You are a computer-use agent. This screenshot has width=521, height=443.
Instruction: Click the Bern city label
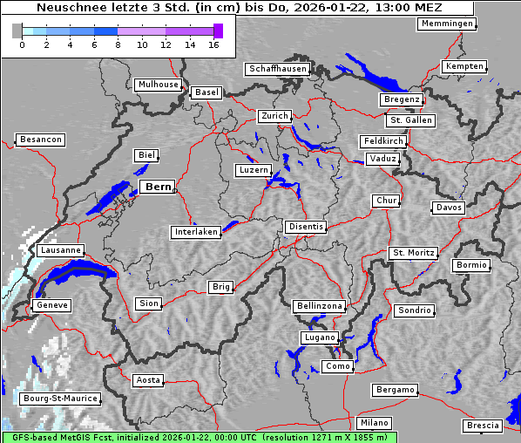(158, 187)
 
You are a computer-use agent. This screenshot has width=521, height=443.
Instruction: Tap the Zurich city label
(274, 116)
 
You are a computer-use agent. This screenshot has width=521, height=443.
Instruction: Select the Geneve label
(51, 305)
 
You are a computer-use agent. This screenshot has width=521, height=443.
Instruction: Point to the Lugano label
(320, 337)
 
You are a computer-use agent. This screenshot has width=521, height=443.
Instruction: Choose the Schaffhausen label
(276, 69)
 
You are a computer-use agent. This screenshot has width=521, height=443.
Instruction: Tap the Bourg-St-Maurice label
(60, 399)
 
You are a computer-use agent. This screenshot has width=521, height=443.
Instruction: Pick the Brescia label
(483, 426)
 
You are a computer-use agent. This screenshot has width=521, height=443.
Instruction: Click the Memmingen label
(446, 24)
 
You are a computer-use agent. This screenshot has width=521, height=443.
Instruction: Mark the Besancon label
(40, 140)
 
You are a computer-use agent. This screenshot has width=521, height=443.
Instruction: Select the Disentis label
(305, 227)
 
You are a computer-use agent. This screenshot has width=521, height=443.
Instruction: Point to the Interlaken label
(195, 232)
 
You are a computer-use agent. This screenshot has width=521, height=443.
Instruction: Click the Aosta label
(147, 380)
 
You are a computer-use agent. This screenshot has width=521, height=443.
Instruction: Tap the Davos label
(449, 208)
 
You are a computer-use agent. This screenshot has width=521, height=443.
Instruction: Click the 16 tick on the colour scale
(213, 44)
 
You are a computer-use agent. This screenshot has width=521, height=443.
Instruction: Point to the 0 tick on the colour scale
(22, 44)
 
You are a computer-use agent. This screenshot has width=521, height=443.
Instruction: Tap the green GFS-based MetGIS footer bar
(199, 437)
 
